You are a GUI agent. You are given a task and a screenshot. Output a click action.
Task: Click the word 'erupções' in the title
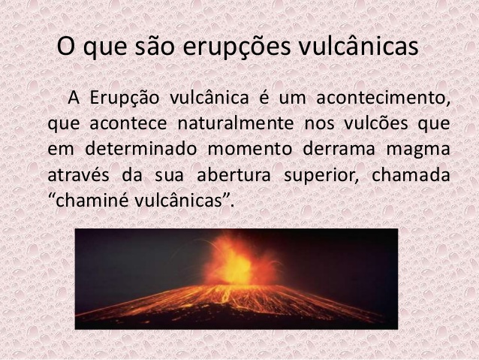[x=236, y=47]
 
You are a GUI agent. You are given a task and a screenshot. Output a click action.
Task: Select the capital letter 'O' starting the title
[x=66, y=46]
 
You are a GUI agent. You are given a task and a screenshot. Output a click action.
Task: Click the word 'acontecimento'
[x=383, y=98]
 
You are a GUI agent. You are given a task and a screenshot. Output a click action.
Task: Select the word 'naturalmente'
[x=236, y=123]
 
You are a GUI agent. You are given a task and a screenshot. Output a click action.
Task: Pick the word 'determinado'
[x=141, y=150]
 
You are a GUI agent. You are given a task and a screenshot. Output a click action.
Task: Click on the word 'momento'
[x=250, y=150]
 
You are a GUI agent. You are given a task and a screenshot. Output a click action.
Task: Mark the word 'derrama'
[x=339, y=150]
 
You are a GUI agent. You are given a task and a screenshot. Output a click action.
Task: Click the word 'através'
[x=79, y=175]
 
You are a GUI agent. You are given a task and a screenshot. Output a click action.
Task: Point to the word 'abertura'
[x=233, y=175]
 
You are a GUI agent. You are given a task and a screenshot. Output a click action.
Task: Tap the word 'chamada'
[x=411, y=175]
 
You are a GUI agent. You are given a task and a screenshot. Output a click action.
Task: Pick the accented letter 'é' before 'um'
[x=264, y=98]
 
